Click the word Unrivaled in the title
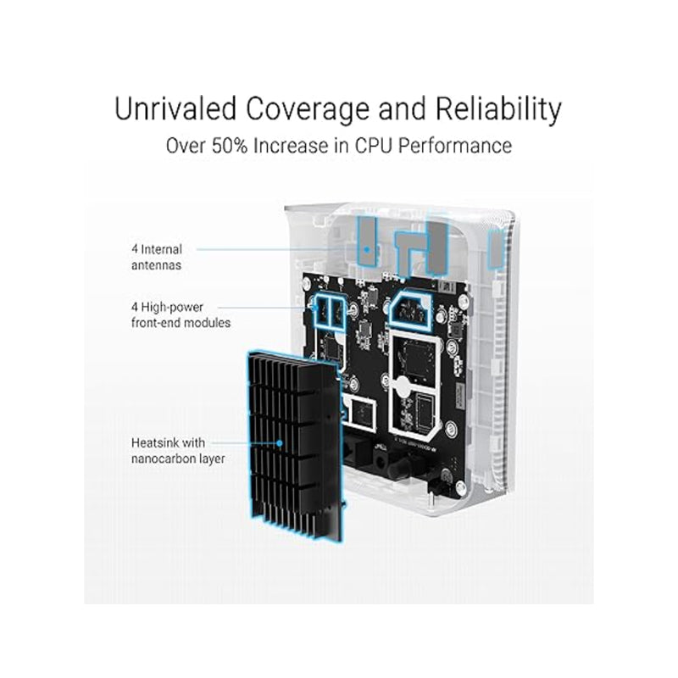pyautogui.click(x=176, y=108)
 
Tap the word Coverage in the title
pyautogui.click(x=308, y=108)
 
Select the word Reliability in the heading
pyautogui.click(x=498, y=108)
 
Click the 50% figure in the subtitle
pyautogui.click(x=230, y=146)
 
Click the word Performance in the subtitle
pyautogui.click(x=455, y=146)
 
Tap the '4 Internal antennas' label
pyautogui.click(x=157, y=258)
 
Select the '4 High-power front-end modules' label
pyautogui.click(x=181, y=314)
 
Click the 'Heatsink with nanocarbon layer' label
pyautogui.click(x=178, y=451)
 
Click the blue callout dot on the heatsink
pyautogui.click(x=280, y=443)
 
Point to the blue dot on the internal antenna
pyautogui.click(x=366, y=249)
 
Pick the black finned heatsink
pyautogui.click(x=295, y=446)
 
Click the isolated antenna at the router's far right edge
pyautogui.click(x=496, y=248)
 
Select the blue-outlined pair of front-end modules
pyautogui.click(x=329, y=309)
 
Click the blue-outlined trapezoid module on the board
pyautogui.click(x=411, y=308)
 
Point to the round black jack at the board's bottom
pyautogui.click(x=381, y=458)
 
